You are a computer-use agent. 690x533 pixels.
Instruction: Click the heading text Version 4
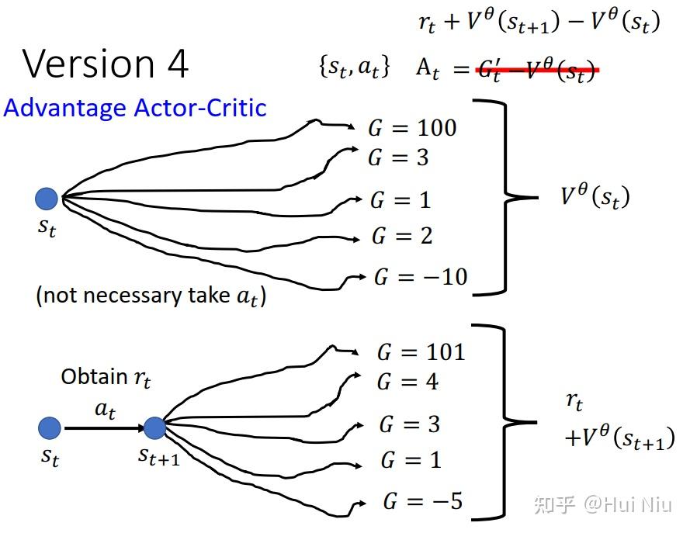pos(106,64)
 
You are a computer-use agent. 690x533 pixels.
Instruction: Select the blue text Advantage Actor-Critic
pos(135,108)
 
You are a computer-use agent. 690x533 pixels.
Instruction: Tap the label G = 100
pos(412,127)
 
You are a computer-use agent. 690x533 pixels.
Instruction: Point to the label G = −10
pos(421,277)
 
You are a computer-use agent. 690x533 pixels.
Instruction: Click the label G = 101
pos(421,352)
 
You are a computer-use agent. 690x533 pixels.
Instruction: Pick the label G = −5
pos(422,501)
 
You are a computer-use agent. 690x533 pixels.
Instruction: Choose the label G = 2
pos(401,236)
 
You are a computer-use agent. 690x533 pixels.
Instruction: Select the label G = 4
pos(407,382)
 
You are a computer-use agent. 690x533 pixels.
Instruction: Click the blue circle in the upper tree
pos(47,199)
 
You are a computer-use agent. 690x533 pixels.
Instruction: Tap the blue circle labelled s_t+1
pos(154,427)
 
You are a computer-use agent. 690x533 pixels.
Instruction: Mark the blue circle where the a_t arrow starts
pos(50,427)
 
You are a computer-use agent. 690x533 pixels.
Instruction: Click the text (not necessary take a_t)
pos(151,296)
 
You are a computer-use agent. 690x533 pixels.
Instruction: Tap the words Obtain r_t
pos(106,378)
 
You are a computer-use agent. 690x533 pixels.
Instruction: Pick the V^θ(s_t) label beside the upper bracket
pos(595,196)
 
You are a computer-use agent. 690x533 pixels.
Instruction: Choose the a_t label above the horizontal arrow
pos(105,411)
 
